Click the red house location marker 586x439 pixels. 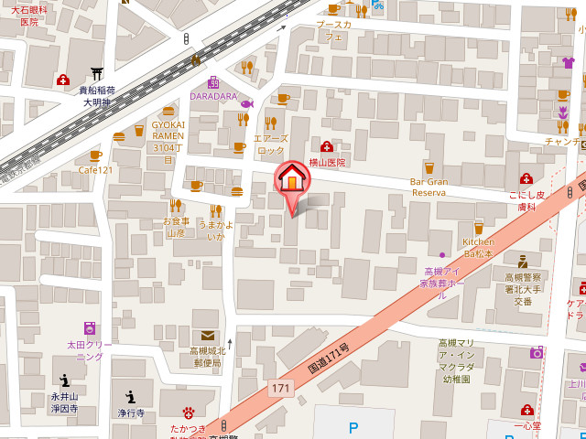[292, 179]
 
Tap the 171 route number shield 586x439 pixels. [281, 389]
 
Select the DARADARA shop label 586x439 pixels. [213, 96]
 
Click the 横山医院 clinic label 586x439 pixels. [327, 162]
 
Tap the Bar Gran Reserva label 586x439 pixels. [428, 187]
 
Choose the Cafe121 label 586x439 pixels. [95, 170]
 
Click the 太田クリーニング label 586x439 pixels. [90, 350]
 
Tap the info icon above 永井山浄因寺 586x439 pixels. [64, 380]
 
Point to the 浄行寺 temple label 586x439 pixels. [131, 413]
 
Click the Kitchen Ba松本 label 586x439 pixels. [478, 247]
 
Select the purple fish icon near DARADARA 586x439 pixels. [247, 103]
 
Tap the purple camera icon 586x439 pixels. [537, 352]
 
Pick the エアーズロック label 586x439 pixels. [271, 145]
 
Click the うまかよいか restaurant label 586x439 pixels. [215, 230]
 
